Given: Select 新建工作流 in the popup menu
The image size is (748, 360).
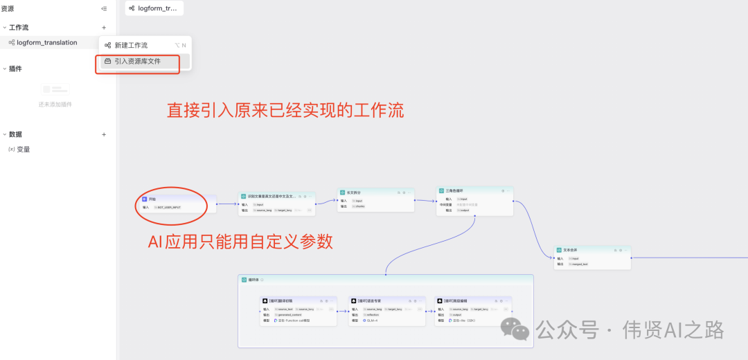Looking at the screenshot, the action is tap(131, 45).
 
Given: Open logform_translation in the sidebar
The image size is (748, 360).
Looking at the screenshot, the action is tap(47, 42).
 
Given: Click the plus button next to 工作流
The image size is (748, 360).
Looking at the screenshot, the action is tap(104, 28).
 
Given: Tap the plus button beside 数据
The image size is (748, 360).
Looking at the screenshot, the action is tap(104, 134).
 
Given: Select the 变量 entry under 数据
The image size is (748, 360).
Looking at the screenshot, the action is tap(24, 149).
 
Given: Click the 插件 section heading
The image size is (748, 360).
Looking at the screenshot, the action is tap(15, 69).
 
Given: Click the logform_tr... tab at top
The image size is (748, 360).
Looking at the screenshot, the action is tap(153, 8).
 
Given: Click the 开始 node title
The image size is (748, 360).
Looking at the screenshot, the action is tap(152, 199).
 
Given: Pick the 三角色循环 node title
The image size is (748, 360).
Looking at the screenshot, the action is tap(455, 190).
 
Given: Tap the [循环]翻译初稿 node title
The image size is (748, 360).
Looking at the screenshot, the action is tap(280, 301).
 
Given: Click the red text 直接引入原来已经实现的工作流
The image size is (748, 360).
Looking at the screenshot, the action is tap(285, 110).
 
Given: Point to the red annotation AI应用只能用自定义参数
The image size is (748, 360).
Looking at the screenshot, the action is tap(241, 242).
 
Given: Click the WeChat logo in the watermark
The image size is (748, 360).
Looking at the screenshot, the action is tap(516, 329).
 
